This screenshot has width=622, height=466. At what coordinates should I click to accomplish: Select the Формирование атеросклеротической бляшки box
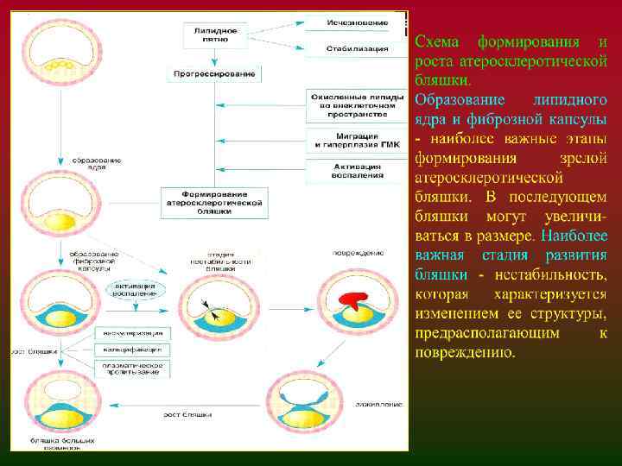click(214, 201)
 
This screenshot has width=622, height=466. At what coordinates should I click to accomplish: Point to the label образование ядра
click(96, 164)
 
